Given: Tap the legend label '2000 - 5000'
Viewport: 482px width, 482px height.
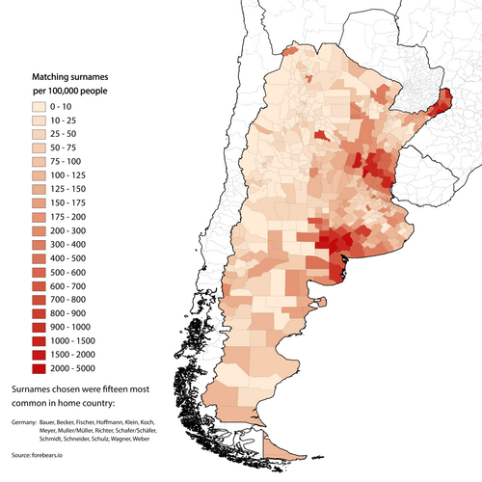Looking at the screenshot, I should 81,368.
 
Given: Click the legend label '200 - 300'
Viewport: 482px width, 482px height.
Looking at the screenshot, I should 75,232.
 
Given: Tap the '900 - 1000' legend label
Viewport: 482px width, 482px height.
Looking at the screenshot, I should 77,328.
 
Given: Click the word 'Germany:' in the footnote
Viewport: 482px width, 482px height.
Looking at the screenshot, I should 25,423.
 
